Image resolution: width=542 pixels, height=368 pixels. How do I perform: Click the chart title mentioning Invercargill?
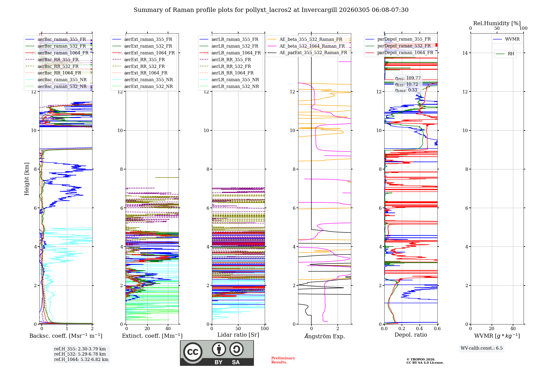coord(271,10)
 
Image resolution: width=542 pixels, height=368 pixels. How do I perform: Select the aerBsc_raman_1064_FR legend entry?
coord(63,53)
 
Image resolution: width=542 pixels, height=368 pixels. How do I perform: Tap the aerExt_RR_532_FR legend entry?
coord(144,66)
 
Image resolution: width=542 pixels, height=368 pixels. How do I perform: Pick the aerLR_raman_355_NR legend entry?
coord(235,80)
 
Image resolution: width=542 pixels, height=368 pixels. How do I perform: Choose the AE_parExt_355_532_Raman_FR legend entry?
coord(313,52)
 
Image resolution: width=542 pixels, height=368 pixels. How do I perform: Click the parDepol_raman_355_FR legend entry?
coord(404,39)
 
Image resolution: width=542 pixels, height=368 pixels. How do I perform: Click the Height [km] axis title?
coord(27,179)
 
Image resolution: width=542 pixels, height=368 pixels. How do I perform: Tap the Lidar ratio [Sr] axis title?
coord(238,335)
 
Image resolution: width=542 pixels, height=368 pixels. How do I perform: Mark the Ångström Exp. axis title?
coord(324,336)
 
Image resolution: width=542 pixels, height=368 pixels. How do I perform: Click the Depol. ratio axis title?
coord(411,335)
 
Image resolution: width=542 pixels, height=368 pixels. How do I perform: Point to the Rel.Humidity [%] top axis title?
coord(497,23)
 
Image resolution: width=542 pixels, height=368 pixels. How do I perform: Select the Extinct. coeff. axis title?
coord(152,336)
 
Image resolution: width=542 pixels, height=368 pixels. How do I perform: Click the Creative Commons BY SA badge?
coord(217,353)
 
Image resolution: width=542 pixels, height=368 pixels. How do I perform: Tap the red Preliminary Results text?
coord(283,360)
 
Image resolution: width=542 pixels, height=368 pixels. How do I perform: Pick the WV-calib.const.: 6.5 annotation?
coord(482,348)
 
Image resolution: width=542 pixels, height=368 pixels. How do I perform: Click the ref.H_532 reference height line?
coord(80,354)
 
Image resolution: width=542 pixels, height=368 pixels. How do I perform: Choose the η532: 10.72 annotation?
coord(406,84)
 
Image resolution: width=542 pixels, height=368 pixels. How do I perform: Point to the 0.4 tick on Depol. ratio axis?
coord(420,329)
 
